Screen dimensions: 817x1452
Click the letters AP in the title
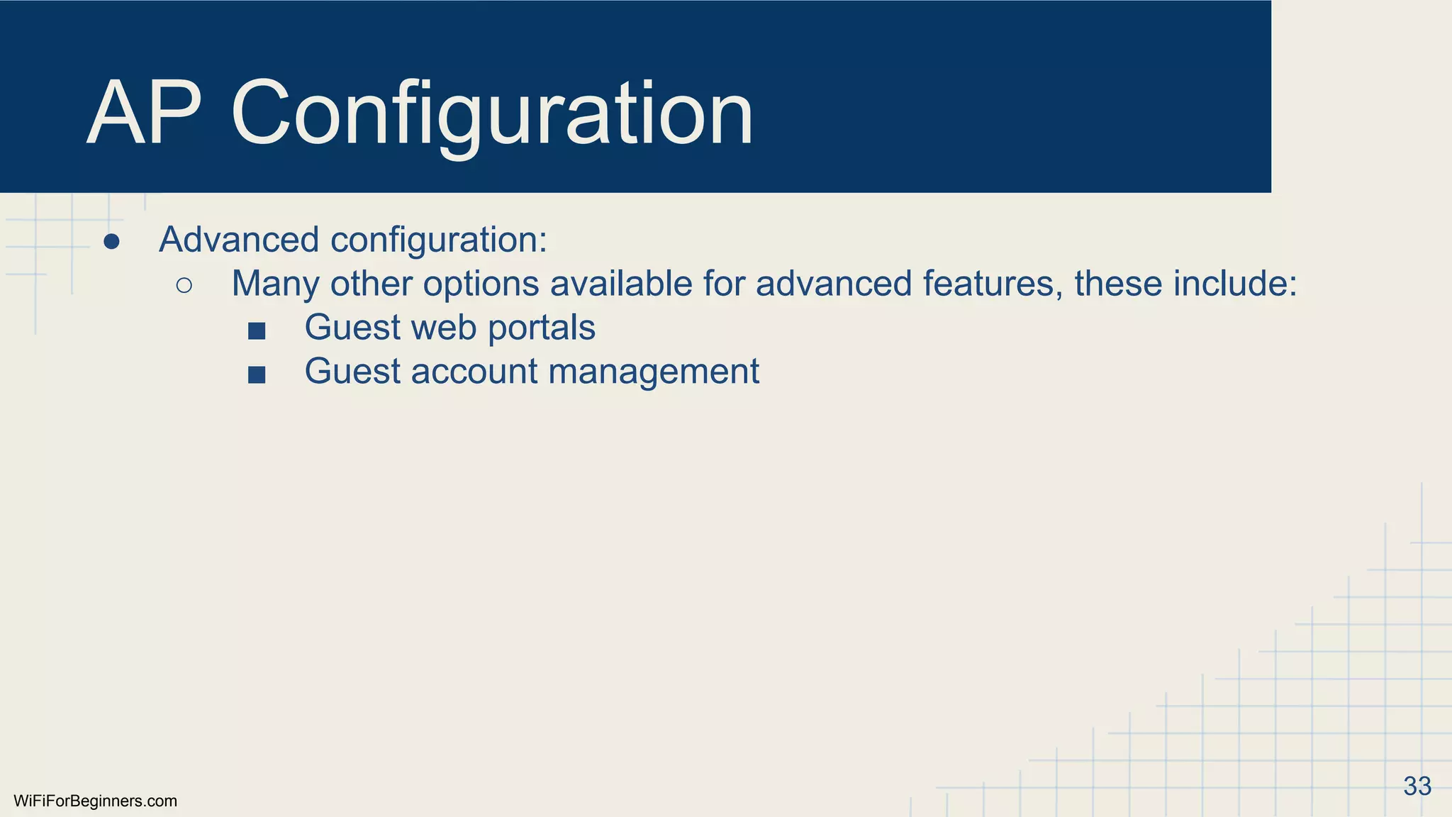coord(145,113)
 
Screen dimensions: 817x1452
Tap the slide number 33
coord(1417,786)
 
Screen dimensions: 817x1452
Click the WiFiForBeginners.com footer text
coord(95,801)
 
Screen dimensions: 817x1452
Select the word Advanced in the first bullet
coord(239,240)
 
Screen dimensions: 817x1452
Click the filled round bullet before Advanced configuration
coord(111,242)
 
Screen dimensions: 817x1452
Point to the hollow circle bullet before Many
coord(184,286)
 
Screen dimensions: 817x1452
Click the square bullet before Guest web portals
coord(257,330)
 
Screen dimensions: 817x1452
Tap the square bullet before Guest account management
coord(257,374)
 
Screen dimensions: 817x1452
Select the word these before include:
coord(1118,284)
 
